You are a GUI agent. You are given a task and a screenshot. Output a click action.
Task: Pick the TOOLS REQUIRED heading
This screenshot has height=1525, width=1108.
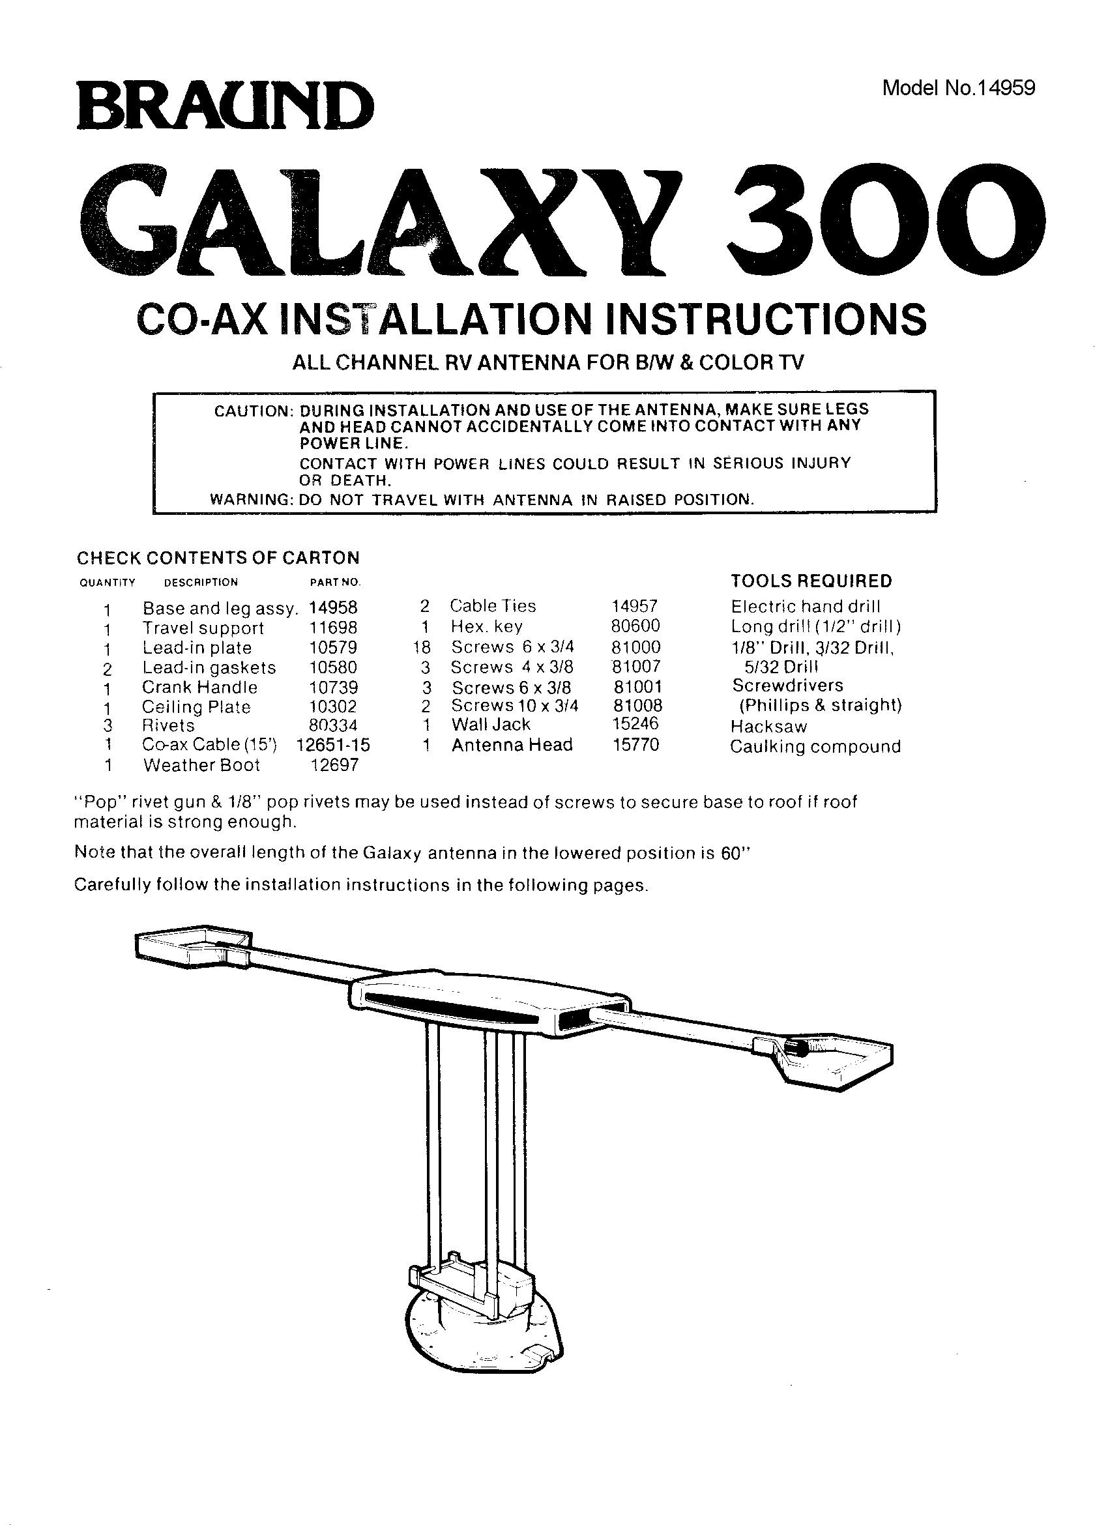tap(811, 581)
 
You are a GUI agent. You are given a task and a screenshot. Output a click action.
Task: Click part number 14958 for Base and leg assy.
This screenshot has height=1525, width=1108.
tap(334, 608)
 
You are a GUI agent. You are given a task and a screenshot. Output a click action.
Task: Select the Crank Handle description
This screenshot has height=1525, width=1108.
tap(199, 687)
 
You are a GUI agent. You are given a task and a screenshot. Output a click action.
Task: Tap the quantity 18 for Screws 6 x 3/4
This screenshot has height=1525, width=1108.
tap(424, 648)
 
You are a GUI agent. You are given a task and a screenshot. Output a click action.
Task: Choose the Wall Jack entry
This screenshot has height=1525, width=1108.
tap(491, 724)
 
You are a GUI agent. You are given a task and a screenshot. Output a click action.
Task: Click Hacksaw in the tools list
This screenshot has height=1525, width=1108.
tap(768, 727)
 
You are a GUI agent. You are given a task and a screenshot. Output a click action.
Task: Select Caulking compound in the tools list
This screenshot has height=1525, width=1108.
tap(815, 747)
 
